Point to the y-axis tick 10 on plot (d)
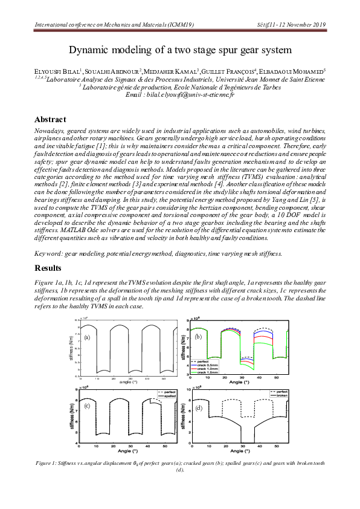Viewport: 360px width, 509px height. point(188,391)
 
